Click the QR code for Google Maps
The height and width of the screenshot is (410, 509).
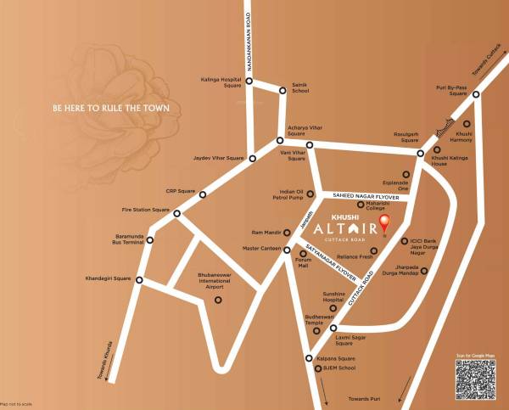tap(475, 379)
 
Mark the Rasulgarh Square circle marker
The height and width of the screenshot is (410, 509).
tap(420, 154)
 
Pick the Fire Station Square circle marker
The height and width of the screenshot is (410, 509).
tap(176, 213)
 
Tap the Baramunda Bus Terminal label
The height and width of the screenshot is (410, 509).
tap(126, 240)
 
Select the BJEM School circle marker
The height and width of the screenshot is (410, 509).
tap(316, 368)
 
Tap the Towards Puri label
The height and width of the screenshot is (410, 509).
tap(366, 398)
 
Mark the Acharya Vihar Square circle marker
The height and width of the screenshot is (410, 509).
tap(280, 141)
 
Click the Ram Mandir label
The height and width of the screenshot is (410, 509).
tap(266, 232)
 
